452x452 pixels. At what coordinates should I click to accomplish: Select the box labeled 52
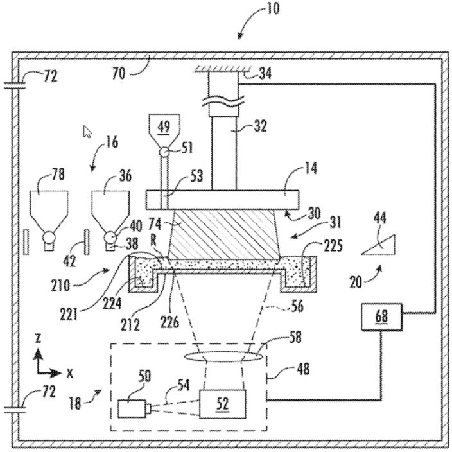pos(222,403)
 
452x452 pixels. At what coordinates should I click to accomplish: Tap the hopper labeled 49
pos(164,128)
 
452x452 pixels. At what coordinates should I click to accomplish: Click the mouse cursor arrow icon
pos(87,132)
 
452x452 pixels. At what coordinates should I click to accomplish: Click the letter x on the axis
pos(69,372)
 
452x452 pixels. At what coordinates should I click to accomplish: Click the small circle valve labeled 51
pos(165,152)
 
